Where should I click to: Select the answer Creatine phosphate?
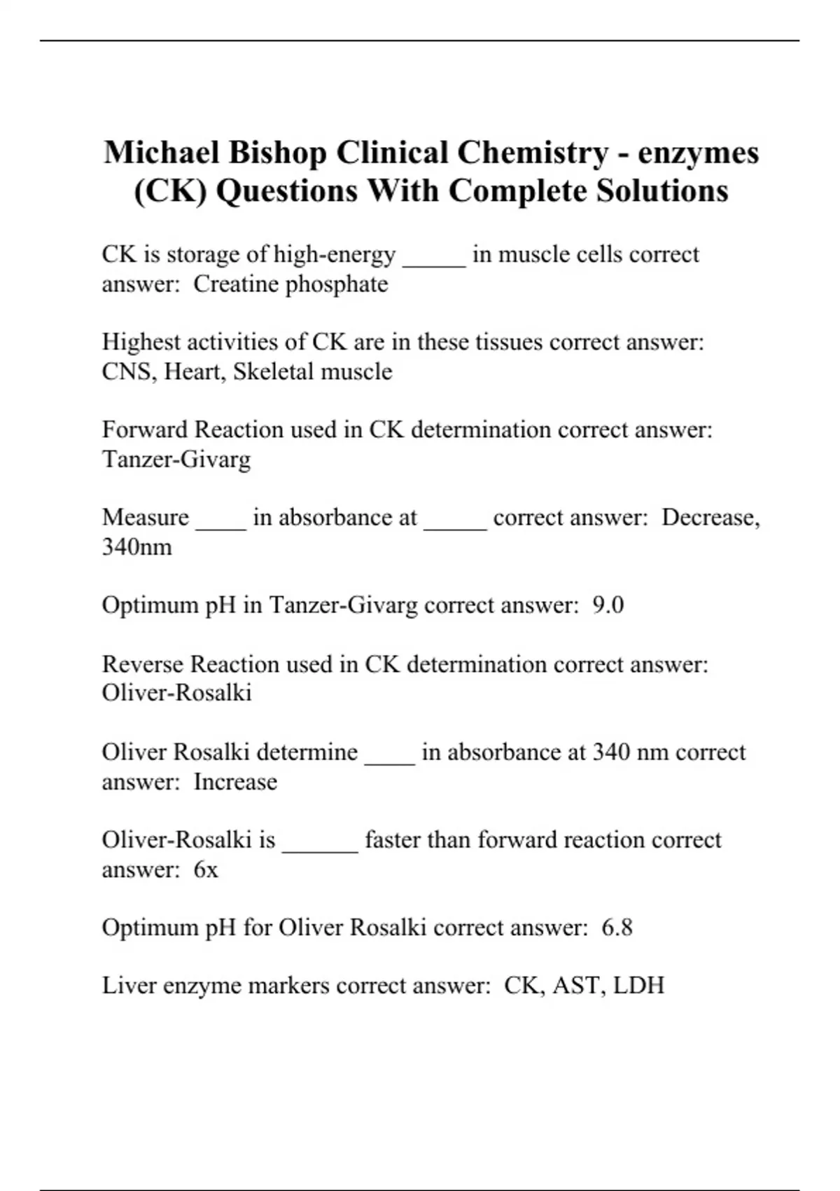coord(290,284)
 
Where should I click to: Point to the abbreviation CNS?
coord(129,371)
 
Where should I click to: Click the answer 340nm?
coord(137,547)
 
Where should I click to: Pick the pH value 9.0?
coord(608,605)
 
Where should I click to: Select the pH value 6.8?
coord(617,928)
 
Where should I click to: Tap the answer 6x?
coord(206,869)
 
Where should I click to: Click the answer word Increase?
coord(235,782)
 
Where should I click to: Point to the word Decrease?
coord(709,518)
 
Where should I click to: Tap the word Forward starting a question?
coord(145,429)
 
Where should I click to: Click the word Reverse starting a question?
coord(142,664)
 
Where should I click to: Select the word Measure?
coord(145,518)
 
